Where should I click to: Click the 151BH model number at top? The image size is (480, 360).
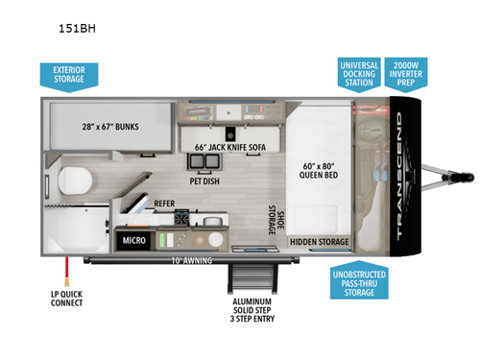tap(76, 28)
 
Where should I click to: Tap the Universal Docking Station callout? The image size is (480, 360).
tap(358, 73)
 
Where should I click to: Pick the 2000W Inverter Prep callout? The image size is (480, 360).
tap(406, 73)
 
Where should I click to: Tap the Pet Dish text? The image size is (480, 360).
tap(205, 179)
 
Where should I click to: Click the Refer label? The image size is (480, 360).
tap(163, 204)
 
